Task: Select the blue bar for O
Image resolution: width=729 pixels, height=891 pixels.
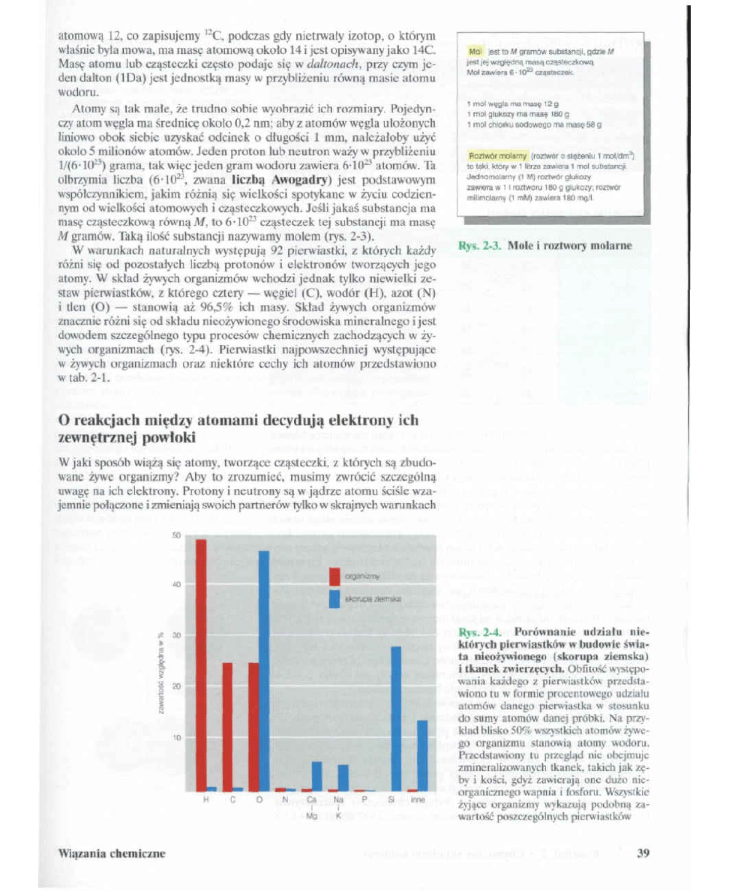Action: (264, 670)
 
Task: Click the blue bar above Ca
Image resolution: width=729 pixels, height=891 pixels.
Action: (316, 775)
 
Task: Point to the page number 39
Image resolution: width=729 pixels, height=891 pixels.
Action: (642, 853)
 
